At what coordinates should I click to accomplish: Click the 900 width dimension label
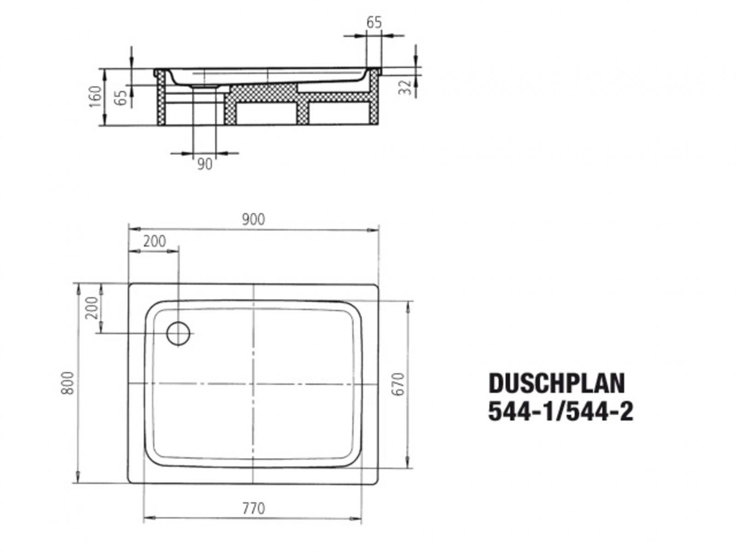click(x=253, y=219)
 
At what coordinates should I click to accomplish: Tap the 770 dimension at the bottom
click(x=253, y=508)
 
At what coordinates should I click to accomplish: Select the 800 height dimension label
click(x=67, y=382)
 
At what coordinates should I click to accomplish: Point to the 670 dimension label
click(x=399, y=383)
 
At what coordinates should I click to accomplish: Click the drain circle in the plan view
click(x=178, y=333)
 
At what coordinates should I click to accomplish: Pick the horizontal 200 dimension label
click(x=154, y=241)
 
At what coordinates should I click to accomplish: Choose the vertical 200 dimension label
click(x=92, y=308)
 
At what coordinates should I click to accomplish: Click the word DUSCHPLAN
click(x=556, y=383)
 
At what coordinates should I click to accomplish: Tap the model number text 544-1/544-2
click(x=561, y=412)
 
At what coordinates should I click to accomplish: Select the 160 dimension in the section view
click(x=95, y=96)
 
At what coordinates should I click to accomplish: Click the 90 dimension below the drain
click(x=205, y=164)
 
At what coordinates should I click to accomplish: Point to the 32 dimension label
click(x=405, y=87)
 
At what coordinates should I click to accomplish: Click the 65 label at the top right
click(x=374, y=22)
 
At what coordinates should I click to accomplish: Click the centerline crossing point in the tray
click(x=253, y=383)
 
